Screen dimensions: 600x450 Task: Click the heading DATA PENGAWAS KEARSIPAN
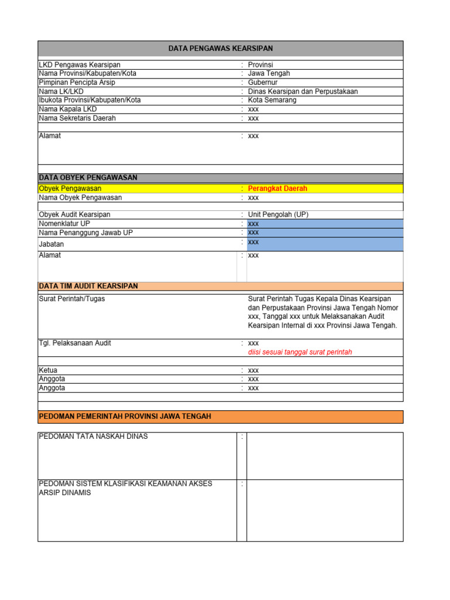click(x=220, y=49)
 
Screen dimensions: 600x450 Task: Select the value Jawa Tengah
click(x=268, y=74)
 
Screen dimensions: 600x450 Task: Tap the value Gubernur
click(x=263, y=83)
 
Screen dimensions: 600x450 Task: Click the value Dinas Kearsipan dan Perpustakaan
click(x=302, y=91)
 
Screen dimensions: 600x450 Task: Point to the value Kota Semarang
click(x=272, y=100)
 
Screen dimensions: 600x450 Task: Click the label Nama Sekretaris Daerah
click(x=77, y=118)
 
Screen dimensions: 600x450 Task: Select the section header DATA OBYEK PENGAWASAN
click(x=88, y=178)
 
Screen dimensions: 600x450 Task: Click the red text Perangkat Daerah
click(x=277, y=189)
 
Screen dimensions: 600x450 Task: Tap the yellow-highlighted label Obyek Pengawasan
click(x=70, y=189)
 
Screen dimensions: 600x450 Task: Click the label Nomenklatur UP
click(x=64, y=224)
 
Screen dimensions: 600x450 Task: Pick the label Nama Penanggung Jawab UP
click(x=86, y=233)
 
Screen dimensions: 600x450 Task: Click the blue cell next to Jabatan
click(x=325, y=243)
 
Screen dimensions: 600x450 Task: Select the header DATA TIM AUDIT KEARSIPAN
click(x=88, y=286)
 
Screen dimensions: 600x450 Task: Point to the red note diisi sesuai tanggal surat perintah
click(x=300, y=352)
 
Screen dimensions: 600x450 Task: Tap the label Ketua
click(x=48, y=370)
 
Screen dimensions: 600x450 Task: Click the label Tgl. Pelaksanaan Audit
click(x=75, y=343)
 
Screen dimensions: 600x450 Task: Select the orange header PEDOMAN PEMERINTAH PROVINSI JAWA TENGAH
click(x=125, y=417)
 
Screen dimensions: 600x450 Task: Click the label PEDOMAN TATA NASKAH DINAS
click(x=93, y=437)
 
